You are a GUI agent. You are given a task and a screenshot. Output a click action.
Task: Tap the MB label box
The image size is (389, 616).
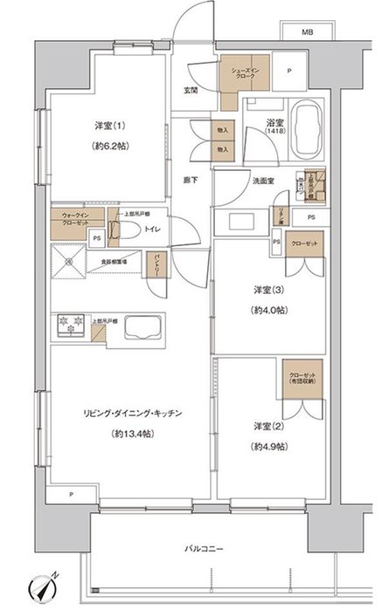coord(306,33)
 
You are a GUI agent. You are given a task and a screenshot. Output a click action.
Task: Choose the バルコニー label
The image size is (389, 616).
coord(204,550)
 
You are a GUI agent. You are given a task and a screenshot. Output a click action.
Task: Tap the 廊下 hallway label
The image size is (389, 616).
coord(190,180)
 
